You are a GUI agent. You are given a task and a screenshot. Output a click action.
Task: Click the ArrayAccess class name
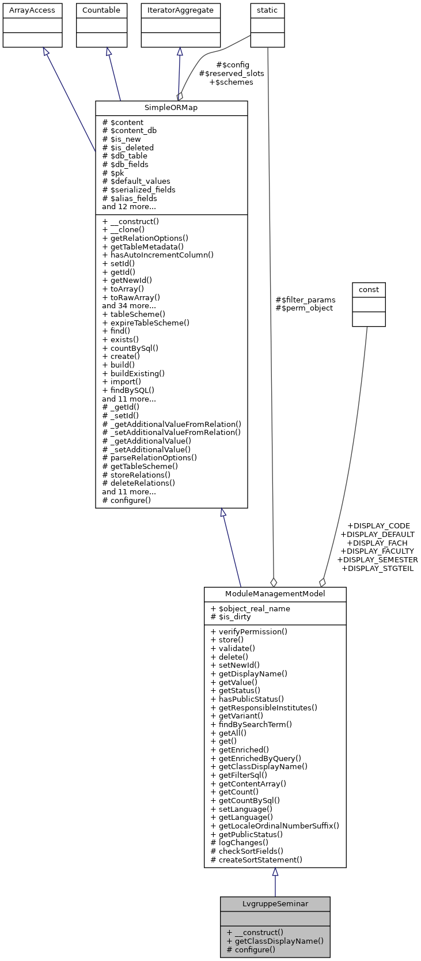point(32,10)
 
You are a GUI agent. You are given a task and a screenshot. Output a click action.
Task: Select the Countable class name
point(101,10)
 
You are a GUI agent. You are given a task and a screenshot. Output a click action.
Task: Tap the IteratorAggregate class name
point(181,10)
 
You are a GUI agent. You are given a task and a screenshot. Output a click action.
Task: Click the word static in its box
point(267,10)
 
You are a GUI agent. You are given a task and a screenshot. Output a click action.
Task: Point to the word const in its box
point(369,289)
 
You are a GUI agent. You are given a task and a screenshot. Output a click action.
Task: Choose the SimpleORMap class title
point(171,108)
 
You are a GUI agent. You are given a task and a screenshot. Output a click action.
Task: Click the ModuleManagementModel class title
point(275,593)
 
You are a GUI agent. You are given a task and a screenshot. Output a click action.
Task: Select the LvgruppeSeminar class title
point(275,903)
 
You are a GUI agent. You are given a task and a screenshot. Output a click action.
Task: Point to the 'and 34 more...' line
point(129,305)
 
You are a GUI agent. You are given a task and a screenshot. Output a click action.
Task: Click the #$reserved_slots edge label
point(232,73)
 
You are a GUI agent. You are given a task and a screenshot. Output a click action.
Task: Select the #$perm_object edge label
point(304,308)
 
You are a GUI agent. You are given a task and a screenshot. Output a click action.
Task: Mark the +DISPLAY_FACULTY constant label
point(377,551)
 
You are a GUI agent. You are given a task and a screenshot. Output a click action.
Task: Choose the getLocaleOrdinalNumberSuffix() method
point(275,826)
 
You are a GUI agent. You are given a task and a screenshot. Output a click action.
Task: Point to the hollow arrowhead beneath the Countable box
point(108,52)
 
